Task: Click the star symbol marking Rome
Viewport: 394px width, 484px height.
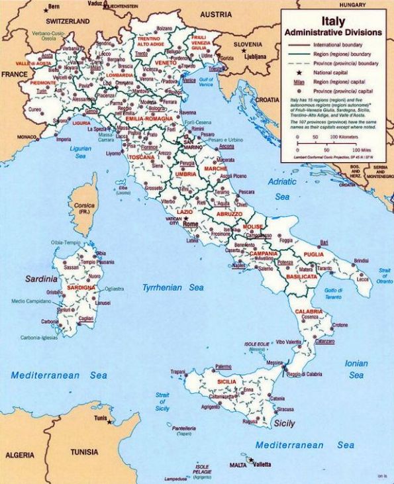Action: [x=186, y=219]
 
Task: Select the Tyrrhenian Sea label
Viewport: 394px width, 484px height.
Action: [x=173, y=288]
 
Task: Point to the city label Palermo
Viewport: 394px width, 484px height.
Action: [x=223, y=366]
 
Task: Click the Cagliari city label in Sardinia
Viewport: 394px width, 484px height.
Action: [x=86, y=318]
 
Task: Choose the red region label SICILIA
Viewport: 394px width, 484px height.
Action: [x=231, y=383]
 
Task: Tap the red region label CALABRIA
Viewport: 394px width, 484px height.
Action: [x=309, y=311]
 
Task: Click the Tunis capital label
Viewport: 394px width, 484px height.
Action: [x=100, y=418]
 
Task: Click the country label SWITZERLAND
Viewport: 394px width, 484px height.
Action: [x=49, y=22]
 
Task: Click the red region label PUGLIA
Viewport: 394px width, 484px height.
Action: [x=313, y=254]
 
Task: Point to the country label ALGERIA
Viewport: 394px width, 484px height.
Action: [x=20, y=456]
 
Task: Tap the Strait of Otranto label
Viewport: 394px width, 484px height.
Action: [x=384, y=276]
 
